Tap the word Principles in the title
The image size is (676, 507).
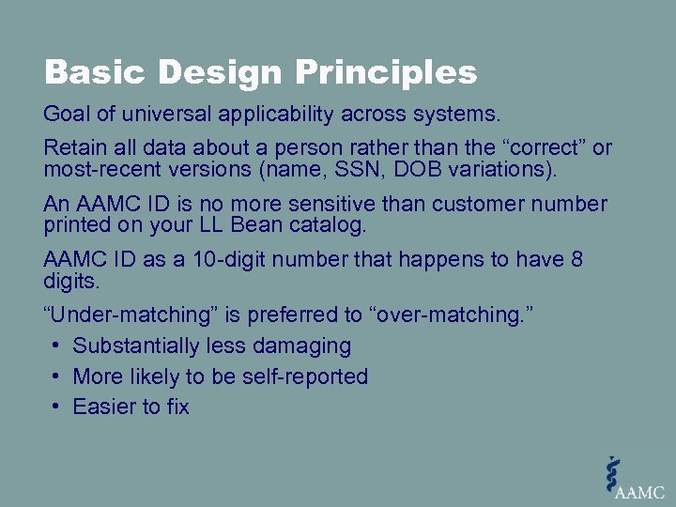pos(387,73)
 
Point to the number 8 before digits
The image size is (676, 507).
pos(576,259)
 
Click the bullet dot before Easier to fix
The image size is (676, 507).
pos(56,407)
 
